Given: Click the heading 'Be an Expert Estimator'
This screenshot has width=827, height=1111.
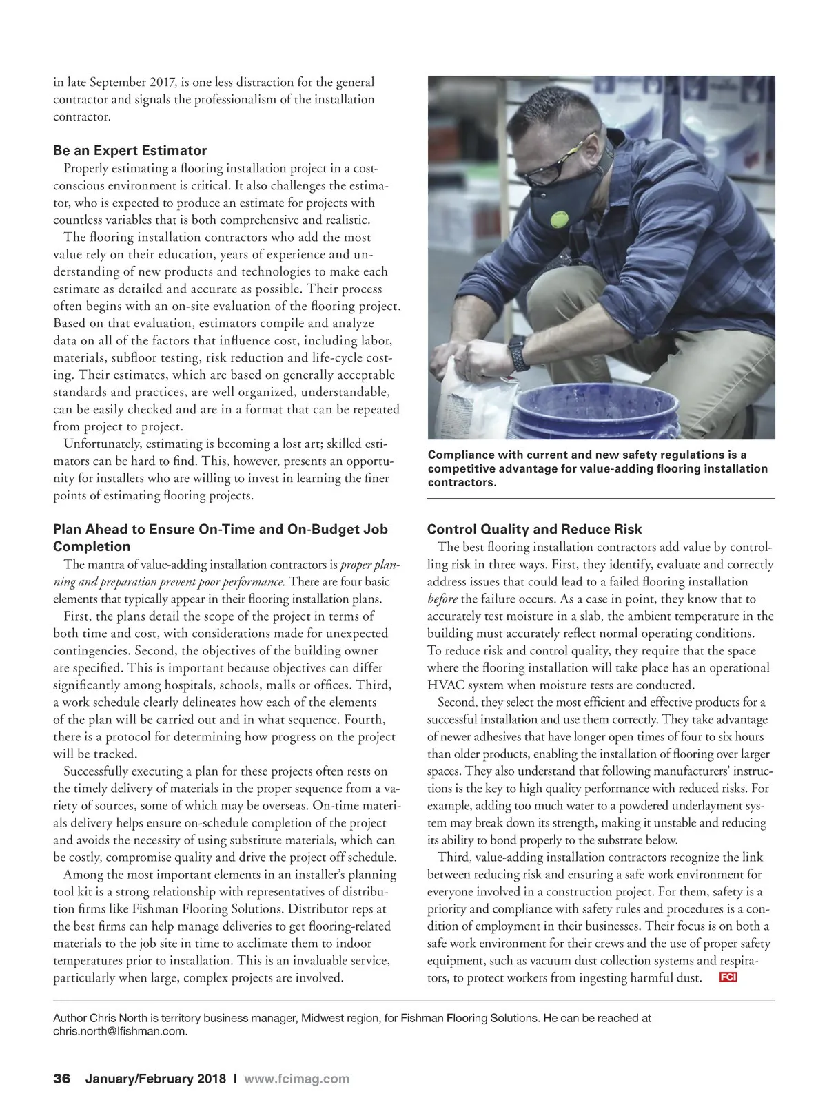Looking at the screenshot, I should point(130,151).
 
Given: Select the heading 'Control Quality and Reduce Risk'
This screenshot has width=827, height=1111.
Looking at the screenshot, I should point(534,530).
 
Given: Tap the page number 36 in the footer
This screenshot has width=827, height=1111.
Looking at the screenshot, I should point(62,1079).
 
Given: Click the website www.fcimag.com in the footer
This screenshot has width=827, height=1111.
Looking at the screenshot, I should point(296,1079).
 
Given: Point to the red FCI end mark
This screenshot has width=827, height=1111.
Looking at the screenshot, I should point(728,977).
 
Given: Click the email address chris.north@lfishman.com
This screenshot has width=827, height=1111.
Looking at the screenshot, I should point(120,1031).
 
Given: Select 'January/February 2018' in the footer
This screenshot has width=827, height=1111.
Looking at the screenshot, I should point(155,1079).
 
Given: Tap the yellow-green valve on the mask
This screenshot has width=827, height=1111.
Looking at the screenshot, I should point(558,219).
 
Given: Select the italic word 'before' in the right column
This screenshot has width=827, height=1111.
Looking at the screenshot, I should point(442,599).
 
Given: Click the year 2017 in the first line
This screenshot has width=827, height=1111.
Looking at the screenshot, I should point(163,83).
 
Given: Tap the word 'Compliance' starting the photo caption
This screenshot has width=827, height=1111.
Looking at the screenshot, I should point(460,455).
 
